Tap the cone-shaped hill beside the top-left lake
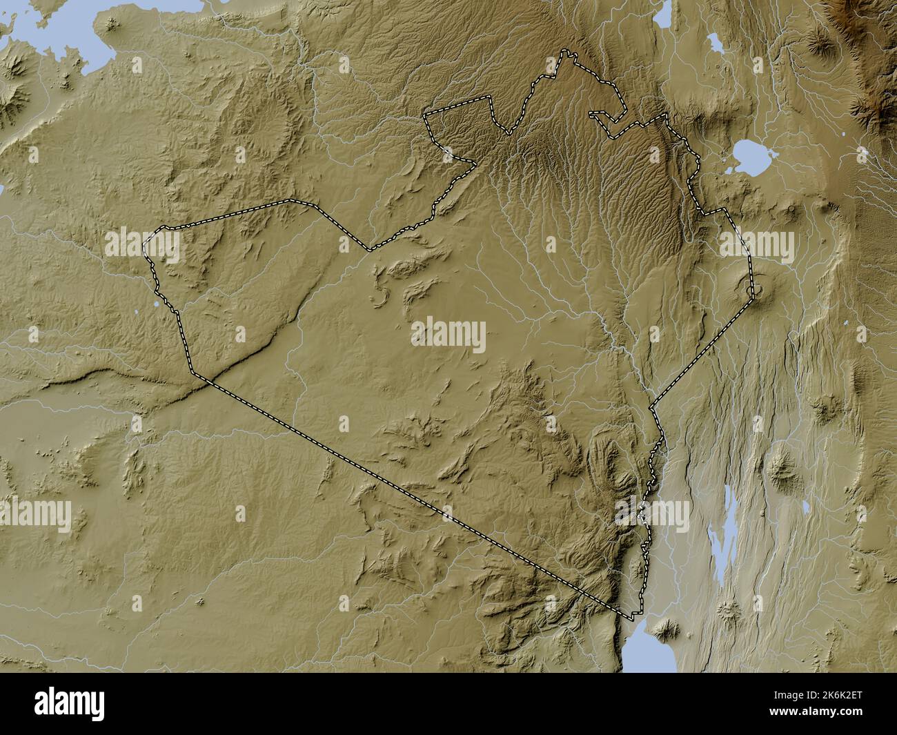click(110, 25)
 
